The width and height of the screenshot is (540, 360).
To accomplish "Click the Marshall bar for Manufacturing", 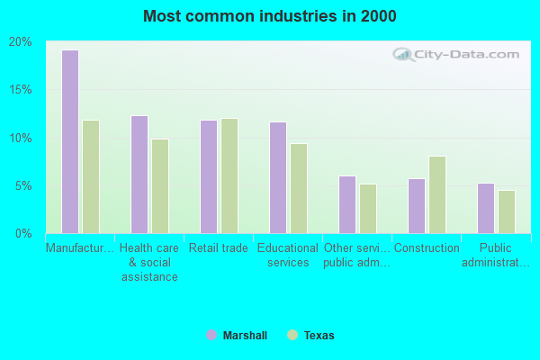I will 69,141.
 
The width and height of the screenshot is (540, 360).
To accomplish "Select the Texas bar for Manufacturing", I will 90,176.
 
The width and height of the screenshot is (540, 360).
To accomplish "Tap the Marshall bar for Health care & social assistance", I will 139,174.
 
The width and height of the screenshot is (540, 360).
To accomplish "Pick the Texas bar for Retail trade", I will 229,175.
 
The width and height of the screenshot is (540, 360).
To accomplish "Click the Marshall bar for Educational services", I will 277,177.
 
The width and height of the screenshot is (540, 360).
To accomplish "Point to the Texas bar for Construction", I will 436,194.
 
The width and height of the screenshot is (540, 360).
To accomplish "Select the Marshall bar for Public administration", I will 485,208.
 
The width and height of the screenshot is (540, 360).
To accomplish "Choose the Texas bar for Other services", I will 367,208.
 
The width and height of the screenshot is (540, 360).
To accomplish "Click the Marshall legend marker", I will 211,335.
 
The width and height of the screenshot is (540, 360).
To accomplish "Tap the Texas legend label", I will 319,336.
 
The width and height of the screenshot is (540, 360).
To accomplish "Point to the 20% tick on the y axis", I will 21,42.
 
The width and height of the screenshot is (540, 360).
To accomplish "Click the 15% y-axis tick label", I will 21,90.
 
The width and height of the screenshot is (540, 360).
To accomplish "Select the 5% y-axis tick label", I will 23,186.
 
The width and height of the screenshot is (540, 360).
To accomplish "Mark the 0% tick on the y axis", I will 23,234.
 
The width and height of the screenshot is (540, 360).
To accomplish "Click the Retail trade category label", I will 219,248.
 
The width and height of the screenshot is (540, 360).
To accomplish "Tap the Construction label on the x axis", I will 427,248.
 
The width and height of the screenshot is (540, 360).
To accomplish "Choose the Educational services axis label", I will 288,256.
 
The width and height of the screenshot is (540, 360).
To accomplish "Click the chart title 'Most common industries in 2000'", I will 269,16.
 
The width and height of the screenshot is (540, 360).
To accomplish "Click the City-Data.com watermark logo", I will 457,53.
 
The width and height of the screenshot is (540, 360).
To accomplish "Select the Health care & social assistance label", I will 149,262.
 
